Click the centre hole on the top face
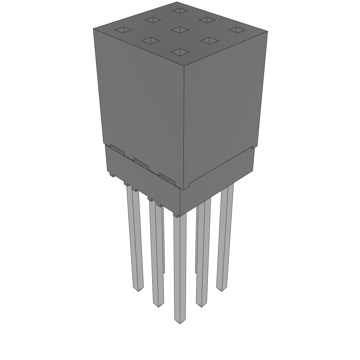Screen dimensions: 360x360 pyautogui.click(x=180, y=30)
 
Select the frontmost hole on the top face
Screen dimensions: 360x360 pyautogui.click(x=180, y=53)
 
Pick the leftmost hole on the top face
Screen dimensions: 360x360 pyautogui.click(x=123, y=30)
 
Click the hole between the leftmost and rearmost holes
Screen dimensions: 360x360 pyautogui.click(x=153, y=20)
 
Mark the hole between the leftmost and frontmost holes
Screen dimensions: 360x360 pyautogui.click(x=150, y=41)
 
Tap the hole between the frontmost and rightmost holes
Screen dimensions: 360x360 pyautogui.click(x=210, y=41)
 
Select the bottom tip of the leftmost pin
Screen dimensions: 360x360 pyautogui.click(x=138, y=289)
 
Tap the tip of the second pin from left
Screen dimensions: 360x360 pyautogui.click(x=158, y=304)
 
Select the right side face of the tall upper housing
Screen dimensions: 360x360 pyautogui.click(x=223, y=105)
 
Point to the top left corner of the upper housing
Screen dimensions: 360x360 pyautogui.click(x=94, y=29)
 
